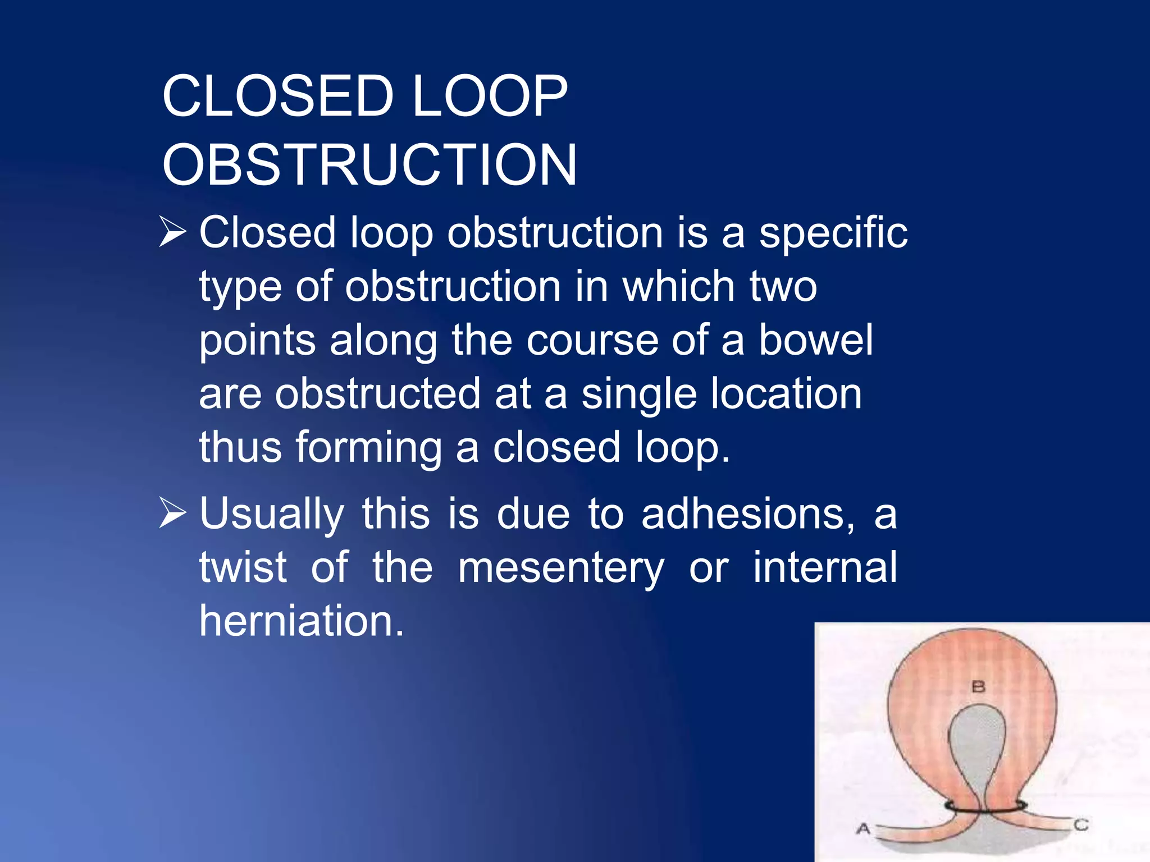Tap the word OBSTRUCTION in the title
pos(369,165)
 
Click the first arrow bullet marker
pos(172,232)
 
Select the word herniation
pos(302,621)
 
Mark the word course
pos(592,340)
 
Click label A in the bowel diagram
pos(863,828)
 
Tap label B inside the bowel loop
pos(978,686)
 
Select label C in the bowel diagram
pos(1081,825)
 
